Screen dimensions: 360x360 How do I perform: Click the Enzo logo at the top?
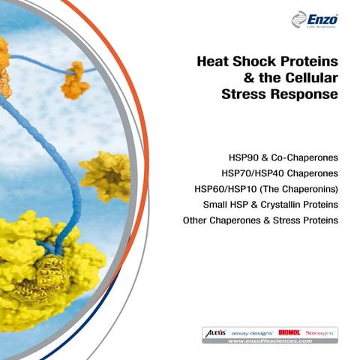coord(314,20)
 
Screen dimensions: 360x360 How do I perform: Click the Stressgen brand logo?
coord(320,331)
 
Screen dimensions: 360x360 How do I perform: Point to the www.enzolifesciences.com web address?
coord(269,340)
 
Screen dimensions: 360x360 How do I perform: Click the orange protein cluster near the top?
coord(75,80)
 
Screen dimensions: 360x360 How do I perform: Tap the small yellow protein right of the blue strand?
coord(105,175)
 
